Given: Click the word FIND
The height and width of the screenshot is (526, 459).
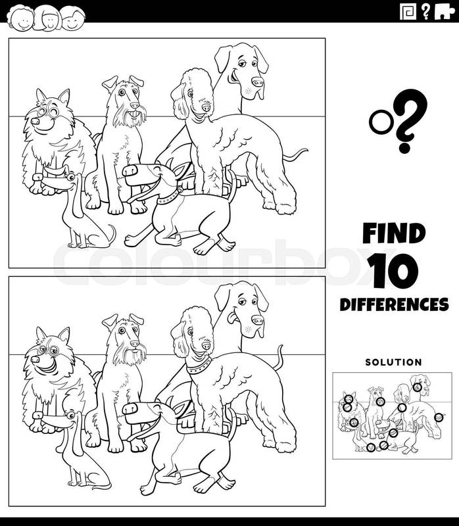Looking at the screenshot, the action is coord(394,233).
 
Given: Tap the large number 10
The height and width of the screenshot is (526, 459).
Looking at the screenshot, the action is coord(393,271).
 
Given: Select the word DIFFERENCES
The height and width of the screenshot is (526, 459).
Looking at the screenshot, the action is coord(394,304).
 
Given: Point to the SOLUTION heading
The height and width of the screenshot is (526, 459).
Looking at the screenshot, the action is coord(394,362).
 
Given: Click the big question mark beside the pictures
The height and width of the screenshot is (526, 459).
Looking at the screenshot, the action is coord(408,121).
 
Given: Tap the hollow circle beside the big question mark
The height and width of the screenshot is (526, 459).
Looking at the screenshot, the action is coord(381,122).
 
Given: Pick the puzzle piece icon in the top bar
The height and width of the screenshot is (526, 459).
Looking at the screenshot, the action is coord(445,12).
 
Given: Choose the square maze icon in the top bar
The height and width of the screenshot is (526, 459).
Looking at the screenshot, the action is coord(408,11).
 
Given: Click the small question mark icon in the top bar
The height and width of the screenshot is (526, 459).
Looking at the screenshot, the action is coord(425,12).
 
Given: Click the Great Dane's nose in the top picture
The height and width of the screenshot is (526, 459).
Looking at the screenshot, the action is coord(258,82).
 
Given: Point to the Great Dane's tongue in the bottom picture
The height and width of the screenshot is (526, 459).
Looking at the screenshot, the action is coord(232,318).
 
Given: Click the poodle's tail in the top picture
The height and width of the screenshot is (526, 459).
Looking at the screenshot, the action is coord(295,155).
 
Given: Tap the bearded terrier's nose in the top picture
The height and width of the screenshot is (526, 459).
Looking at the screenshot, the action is coord(135,105).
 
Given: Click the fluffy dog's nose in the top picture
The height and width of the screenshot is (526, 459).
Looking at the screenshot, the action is coord(35,121).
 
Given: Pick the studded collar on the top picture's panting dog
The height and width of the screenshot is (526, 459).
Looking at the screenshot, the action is coord(170,197).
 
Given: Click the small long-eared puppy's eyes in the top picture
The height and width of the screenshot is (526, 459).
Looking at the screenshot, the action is coord(70,177).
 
